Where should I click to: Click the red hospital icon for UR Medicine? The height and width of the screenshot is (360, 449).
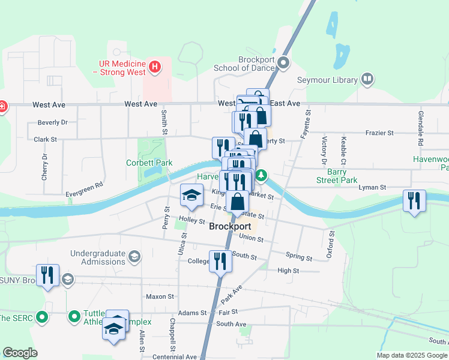pyautogui.click(x=155, y=66)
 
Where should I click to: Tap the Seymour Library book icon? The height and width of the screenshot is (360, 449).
pyautogui.click(x=367, y=79)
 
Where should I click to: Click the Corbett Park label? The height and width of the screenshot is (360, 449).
pyautogui.click(x=149, y=163)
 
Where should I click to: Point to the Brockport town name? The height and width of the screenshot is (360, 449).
pyautogui.click(x=230, y=227)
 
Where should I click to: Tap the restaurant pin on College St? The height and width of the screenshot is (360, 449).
pyautogui.click(x=220, y=261)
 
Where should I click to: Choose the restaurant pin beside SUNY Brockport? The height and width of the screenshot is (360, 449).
pyautogui.click(x=47, y=275)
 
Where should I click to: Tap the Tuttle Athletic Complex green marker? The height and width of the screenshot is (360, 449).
pyautogui.click(x=74, y=316)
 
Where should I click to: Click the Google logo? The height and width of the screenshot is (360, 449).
pyautogui.click(x=20, y=353)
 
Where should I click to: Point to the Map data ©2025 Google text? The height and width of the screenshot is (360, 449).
pyautogui.click(x=412, y=355)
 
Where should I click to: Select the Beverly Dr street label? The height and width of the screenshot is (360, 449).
pyautogui.click(x=52, y=122)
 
